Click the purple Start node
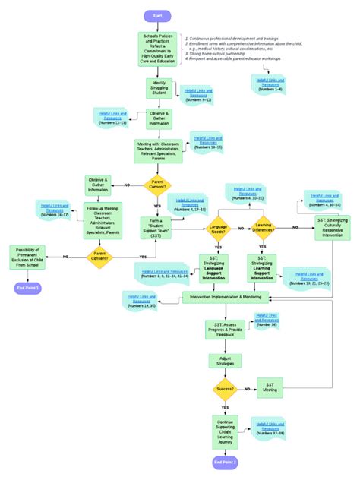point(157,16)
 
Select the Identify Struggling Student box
point(159,88)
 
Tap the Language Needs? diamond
point(218,227)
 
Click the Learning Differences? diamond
point(262,227)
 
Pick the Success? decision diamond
point(226,390)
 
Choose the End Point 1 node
point(28,288)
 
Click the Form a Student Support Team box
point(156,227)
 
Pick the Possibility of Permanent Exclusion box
point(29,255)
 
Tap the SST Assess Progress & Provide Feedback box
point(225,329)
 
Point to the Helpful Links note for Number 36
point(266,320)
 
